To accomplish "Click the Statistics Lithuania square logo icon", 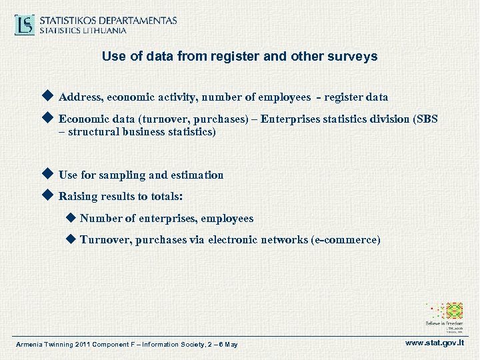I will [x=25, y=25].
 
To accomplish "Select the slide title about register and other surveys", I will [x=239, y=57].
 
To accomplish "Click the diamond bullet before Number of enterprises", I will [x=71, y=218].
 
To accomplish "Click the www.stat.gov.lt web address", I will [x=435, y=343].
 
